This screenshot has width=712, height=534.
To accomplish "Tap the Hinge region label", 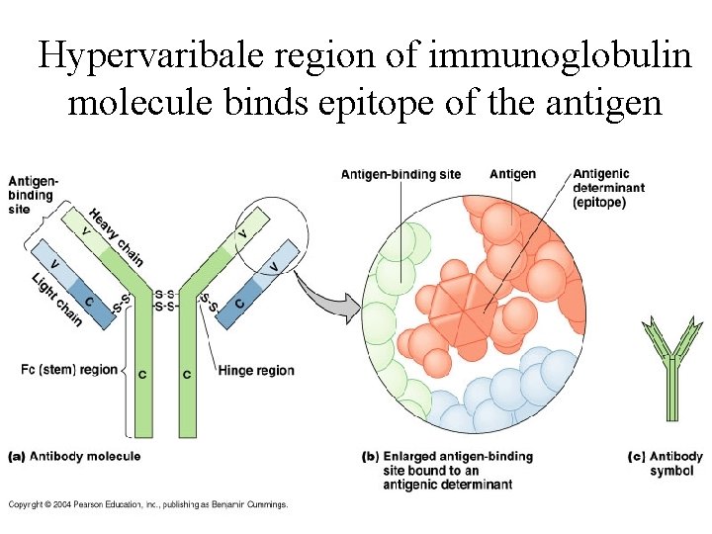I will point(256,371).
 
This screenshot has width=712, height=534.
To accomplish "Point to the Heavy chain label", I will point(116,237).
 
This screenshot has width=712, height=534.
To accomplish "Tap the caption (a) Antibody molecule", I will point(75,456).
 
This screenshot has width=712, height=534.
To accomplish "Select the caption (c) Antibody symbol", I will point(666,463).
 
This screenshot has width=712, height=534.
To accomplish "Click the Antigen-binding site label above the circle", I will point(400,175).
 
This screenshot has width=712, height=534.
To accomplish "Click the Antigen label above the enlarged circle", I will point(512,174).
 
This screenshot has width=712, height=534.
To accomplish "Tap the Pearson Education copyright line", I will point(148,504).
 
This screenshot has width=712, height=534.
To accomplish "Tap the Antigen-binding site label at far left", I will point(32,195).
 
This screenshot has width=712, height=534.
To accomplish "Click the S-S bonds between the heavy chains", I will point(165,300).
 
